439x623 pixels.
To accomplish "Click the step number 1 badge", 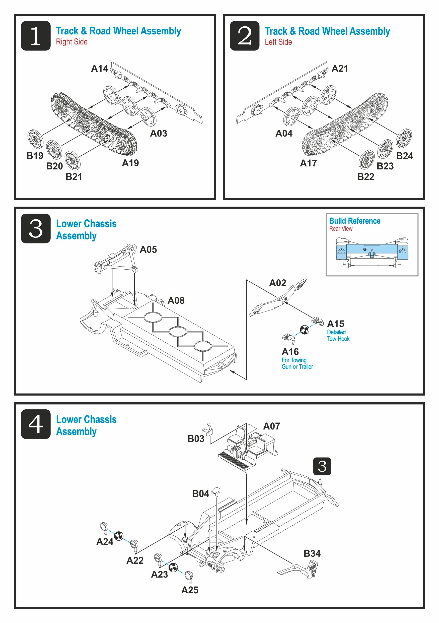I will (36, 36).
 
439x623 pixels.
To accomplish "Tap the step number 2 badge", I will (244, 36).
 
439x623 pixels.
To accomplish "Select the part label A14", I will (100, 69).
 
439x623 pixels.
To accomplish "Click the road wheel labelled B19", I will (35, 139).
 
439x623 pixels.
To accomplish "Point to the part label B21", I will (74, 177).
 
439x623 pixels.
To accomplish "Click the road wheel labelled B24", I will (403, 138).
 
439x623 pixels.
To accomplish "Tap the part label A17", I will (308, 163).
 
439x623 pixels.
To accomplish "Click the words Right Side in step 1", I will (71, 42).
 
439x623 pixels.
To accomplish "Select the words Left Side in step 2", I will (278, 42).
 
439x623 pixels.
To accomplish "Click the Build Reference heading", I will (354, 221).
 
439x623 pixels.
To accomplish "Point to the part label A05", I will (148, 249).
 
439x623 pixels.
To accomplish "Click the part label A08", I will (176, 300).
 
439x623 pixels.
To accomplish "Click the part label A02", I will (277, 283).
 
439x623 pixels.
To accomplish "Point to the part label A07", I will (271, 426).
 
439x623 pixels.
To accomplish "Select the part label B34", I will (312, 553).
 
